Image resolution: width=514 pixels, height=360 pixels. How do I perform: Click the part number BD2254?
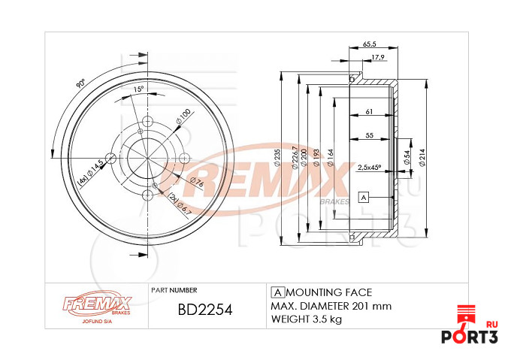pyautogui.click(x=204, y=310)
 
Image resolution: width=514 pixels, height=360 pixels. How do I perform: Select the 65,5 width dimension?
pyautogui.click(x=369, y=45)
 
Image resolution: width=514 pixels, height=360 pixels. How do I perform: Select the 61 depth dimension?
pyautogui.click(x=369, y=112)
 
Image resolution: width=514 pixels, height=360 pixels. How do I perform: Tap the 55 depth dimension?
pyautogui.click(x=369, y=135)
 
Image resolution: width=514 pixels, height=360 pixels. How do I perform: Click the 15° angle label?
pyautogui.click(x=138, y=89)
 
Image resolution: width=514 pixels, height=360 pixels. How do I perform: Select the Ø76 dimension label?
pyautogui.click(x=197, y=183)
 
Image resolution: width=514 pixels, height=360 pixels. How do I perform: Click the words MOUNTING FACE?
pyautogui.click(x=329, y=292)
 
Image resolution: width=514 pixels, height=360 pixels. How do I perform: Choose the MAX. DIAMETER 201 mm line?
pyautogui.click(x=331, y=306)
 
